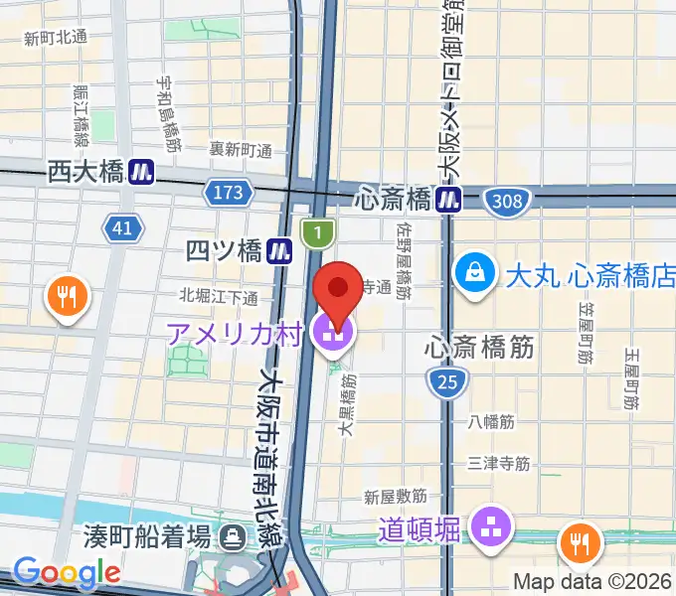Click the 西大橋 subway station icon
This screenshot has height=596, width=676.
(141, 172)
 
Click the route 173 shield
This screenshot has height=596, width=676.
(228, 191)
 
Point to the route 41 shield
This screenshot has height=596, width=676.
(122, 229)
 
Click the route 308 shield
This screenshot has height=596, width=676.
(506, 202)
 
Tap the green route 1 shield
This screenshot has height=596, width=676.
(317, 233)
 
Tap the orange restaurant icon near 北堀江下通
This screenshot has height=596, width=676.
(67, 295)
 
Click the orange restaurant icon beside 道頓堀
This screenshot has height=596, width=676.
(581, 542)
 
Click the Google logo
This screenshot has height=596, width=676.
(67, 572)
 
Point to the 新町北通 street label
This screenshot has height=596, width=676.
(56, 38)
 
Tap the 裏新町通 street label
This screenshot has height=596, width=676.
(241, 149)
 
